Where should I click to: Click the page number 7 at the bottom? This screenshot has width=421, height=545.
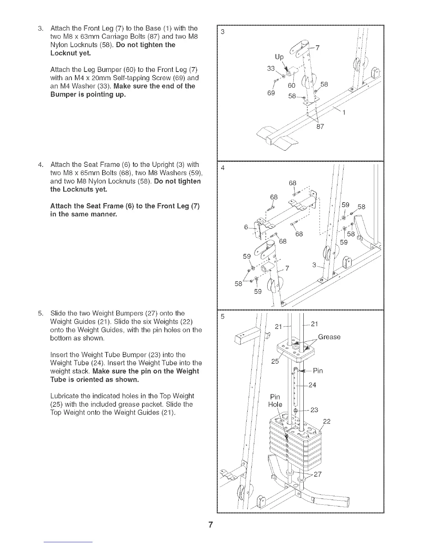pos(210,525)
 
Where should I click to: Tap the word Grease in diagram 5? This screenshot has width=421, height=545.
pos(329,337)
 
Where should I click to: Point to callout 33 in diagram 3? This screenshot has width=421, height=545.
pos(272,68)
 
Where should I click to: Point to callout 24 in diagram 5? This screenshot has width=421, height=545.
pos(312,385)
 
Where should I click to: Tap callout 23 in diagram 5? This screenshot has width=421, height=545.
pos(314,410)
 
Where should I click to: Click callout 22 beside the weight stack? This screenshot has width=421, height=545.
pos(327,421)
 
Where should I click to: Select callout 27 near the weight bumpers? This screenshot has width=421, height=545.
pos(317,474)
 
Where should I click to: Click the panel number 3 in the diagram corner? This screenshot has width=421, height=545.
pos(223,32)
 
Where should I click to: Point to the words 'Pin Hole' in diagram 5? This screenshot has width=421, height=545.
pos(275,400)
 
